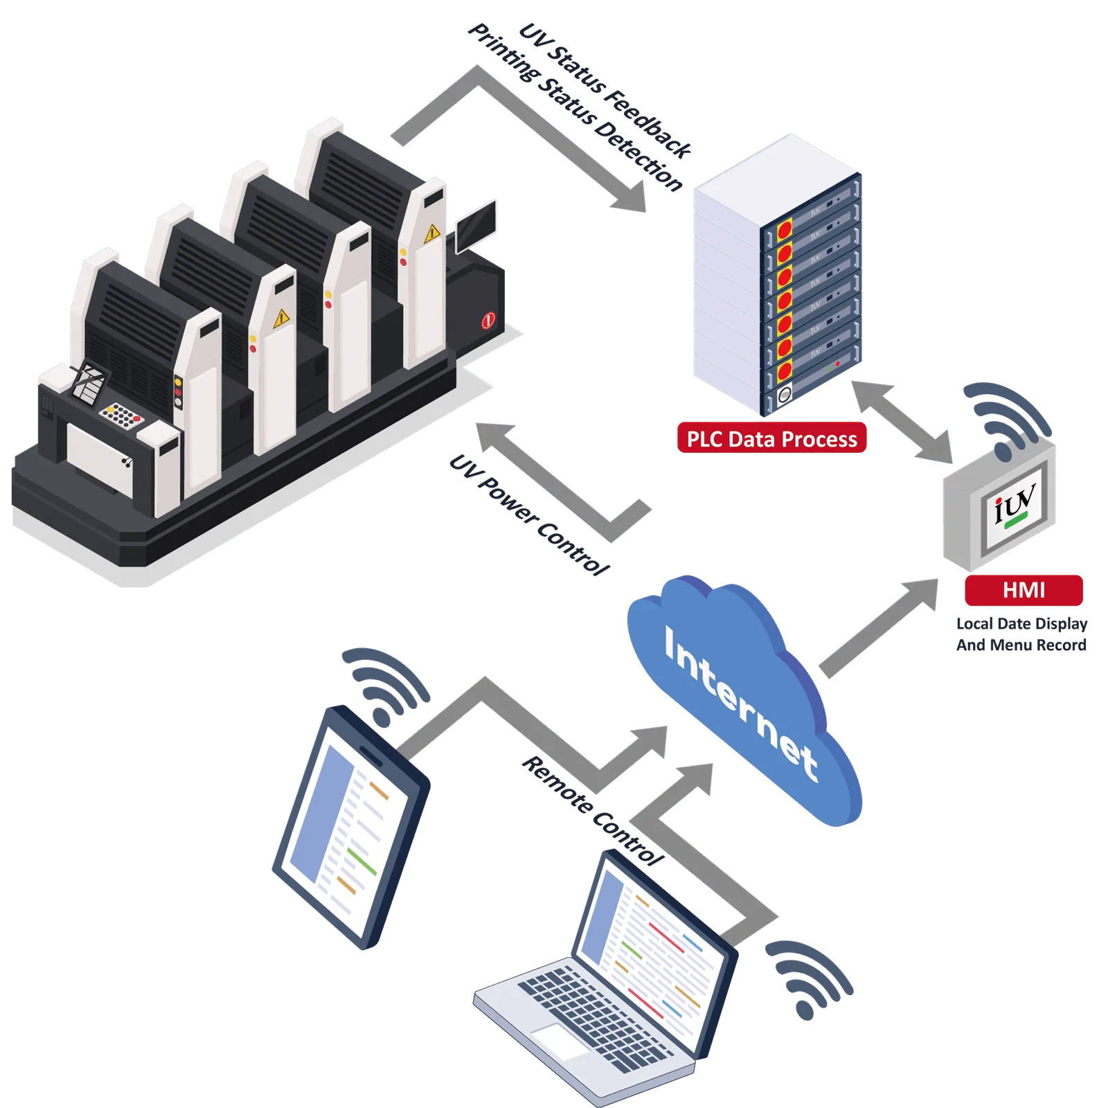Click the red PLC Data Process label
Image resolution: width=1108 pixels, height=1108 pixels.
pyautogui.click(x=771, y=438)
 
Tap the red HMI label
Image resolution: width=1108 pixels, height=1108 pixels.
pyautogui.click(x=1024, y=590)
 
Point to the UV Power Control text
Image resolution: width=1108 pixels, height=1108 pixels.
pyautogui.click(x=530, y=515)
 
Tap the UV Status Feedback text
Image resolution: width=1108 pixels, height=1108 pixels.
pyautogui.click(x=605, y=90)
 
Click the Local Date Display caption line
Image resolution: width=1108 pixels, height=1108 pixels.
pyautogui.click(x=1021, y=623)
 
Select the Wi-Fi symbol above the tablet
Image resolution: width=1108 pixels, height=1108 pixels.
pyautogui.click(x=385, y=686)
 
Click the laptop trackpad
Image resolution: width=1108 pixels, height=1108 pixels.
pyautogui.click(x=561, y=1042)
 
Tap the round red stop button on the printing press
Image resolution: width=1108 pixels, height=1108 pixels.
pyautogui.click(x=488, y=321)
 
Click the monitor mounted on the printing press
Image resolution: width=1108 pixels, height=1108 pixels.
pyautogui.click(x=476, y=224)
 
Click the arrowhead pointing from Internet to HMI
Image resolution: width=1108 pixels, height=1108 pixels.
pyautogui.click(x=921, y=596)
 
